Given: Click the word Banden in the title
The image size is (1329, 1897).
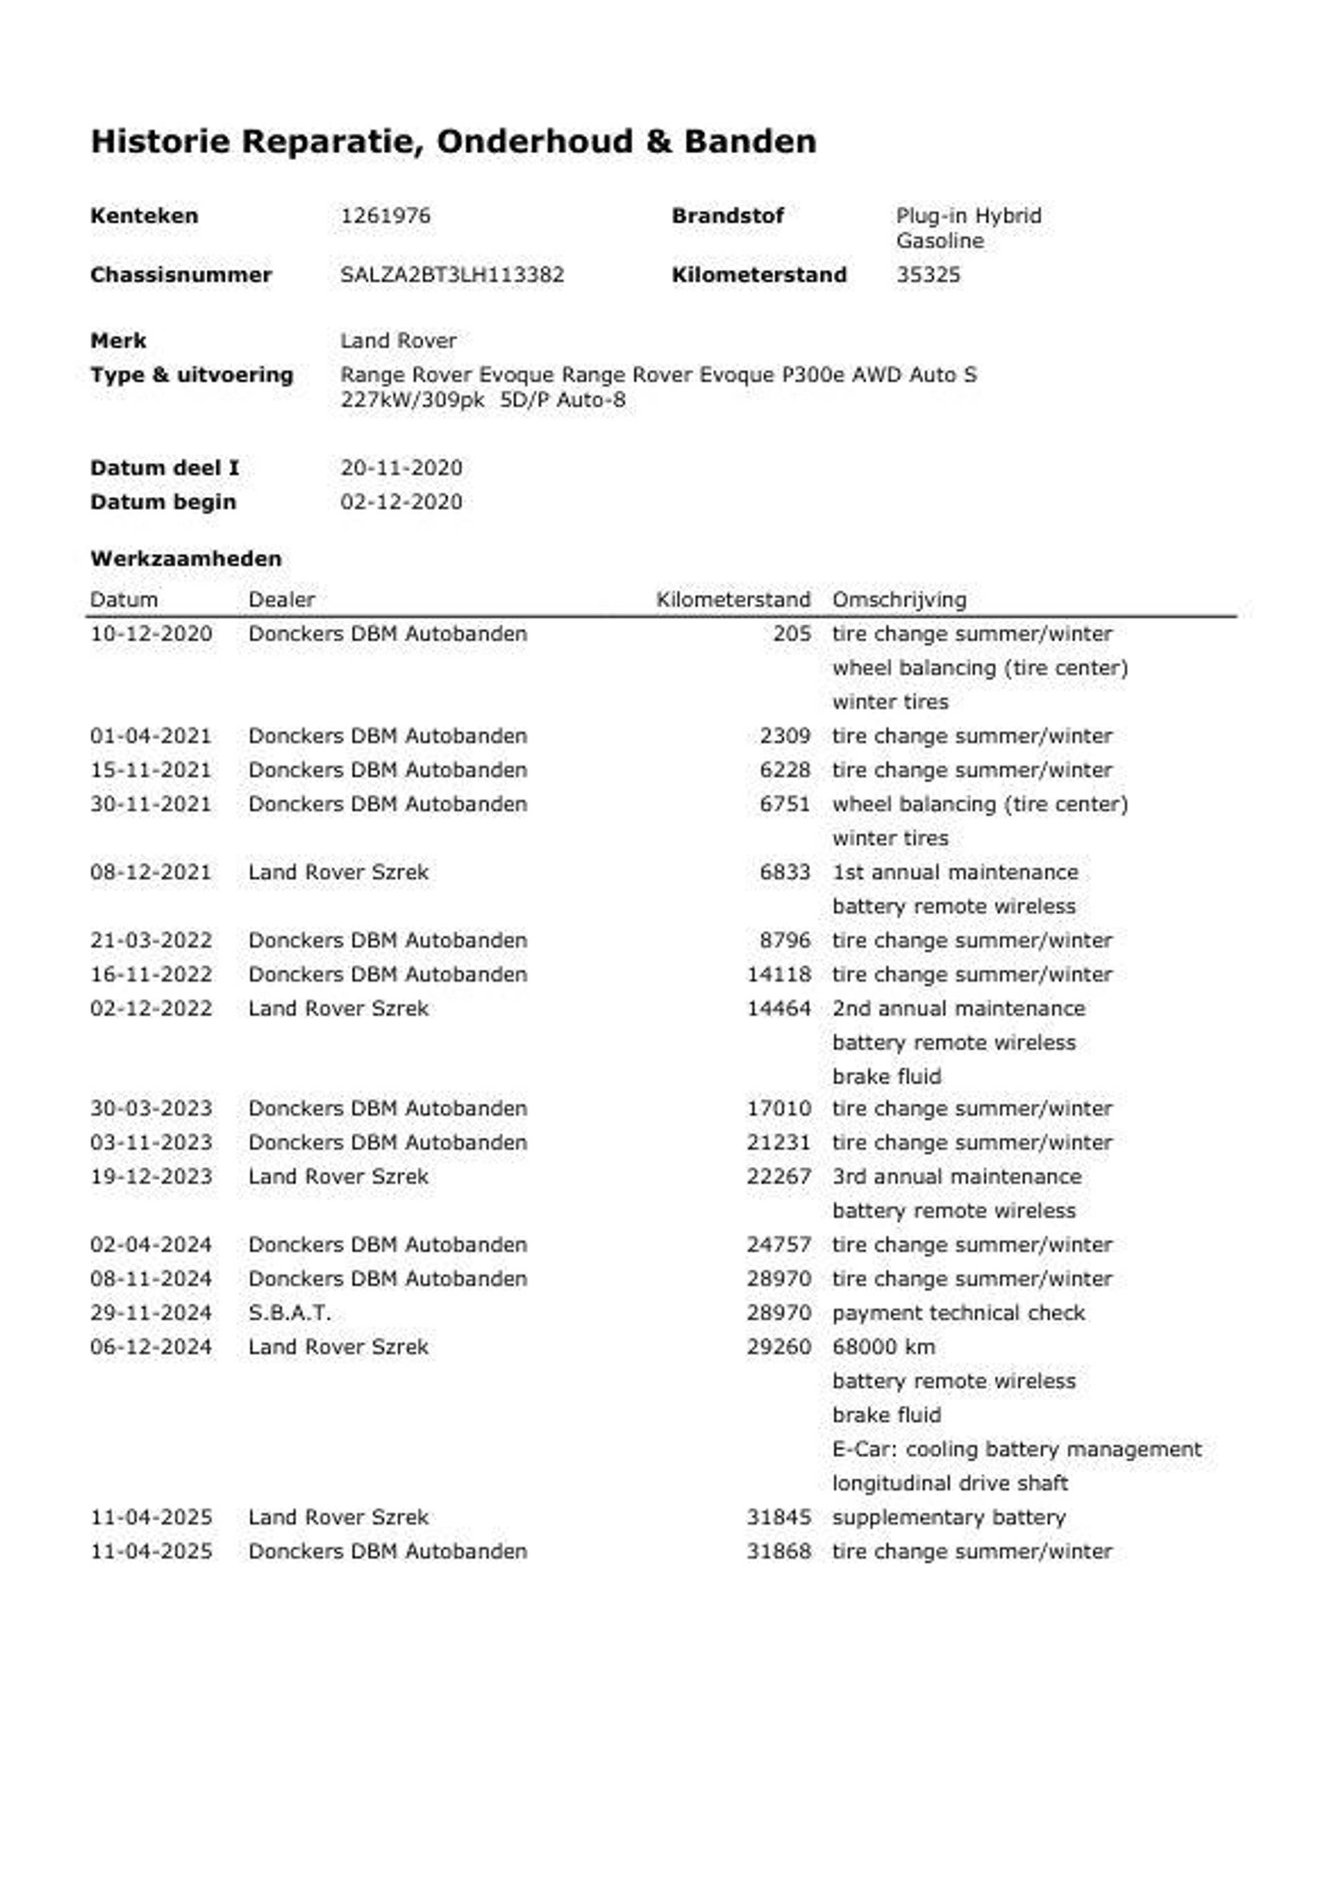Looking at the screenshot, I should click(750, 141).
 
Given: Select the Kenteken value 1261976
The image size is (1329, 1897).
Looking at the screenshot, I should click(385, 216).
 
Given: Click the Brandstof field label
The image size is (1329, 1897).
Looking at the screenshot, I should click(727, 216).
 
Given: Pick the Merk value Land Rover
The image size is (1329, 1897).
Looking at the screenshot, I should click(399, 341).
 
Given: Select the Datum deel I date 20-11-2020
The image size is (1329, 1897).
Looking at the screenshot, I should click(401, 468).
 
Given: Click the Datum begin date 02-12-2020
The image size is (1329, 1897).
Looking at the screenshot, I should click(401, 502).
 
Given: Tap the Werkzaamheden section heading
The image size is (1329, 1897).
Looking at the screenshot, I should click(186, 559).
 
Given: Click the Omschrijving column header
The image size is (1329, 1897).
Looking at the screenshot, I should click(899, 599).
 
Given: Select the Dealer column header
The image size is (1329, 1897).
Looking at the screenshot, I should click(282, 599).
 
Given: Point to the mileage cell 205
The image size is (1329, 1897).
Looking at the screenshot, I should click(792, 634).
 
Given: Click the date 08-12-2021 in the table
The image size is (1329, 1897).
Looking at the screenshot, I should click(152, 871).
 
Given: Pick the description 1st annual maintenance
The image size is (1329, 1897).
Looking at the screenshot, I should click(955, 871).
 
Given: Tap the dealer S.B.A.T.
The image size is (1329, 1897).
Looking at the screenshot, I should click(289, 1312).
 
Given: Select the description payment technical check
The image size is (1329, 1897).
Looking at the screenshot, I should click(958, 1312).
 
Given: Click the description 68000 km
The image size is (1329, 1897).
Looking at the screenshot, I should click(883, 1347).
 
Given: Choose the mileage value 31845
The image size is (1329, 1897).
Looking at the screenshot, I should click(779, 1517).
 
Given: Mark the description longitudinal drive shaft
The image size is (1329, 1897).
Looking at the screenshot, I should click(950, 1483).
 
